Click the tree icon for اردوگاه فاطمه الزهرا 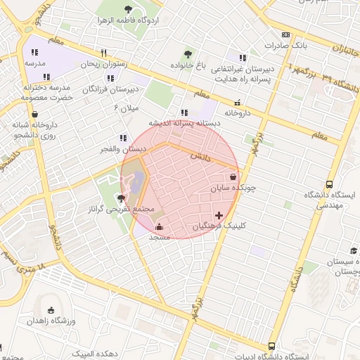(x=128, y=9)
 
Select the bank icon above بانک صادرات (x=285, y=34)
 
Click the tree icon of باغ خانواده (x=187, y=53)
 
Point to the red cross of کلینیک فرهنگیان (x=219, y=215)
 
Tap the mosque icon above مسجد (x=159, y=226)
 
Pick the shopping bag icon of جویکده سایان (x=233, y=177)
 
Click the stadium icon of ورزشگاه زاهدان (x=50, y=310)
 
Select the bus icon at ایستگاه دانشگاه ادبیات (x=271, y=346)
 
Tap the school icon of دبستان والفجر (x=123, y=138)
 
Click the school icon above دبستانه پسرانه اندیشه (x=184, y=112)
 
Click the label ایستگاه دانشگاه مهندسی (x=329, y=200)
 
